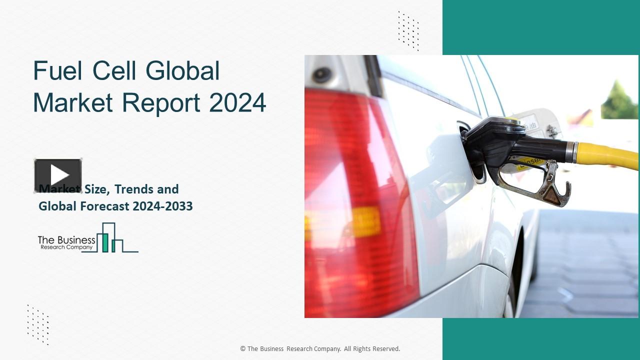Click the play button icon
(58, 175)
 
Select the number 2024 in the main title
(237, 102)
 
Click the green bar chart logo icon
(110, 238)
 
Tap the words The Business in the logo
(66, 240)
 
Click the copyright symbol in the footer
(243, 349)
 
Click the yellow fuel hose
(608, 155)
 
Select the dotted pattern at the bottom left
(38, 324)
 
